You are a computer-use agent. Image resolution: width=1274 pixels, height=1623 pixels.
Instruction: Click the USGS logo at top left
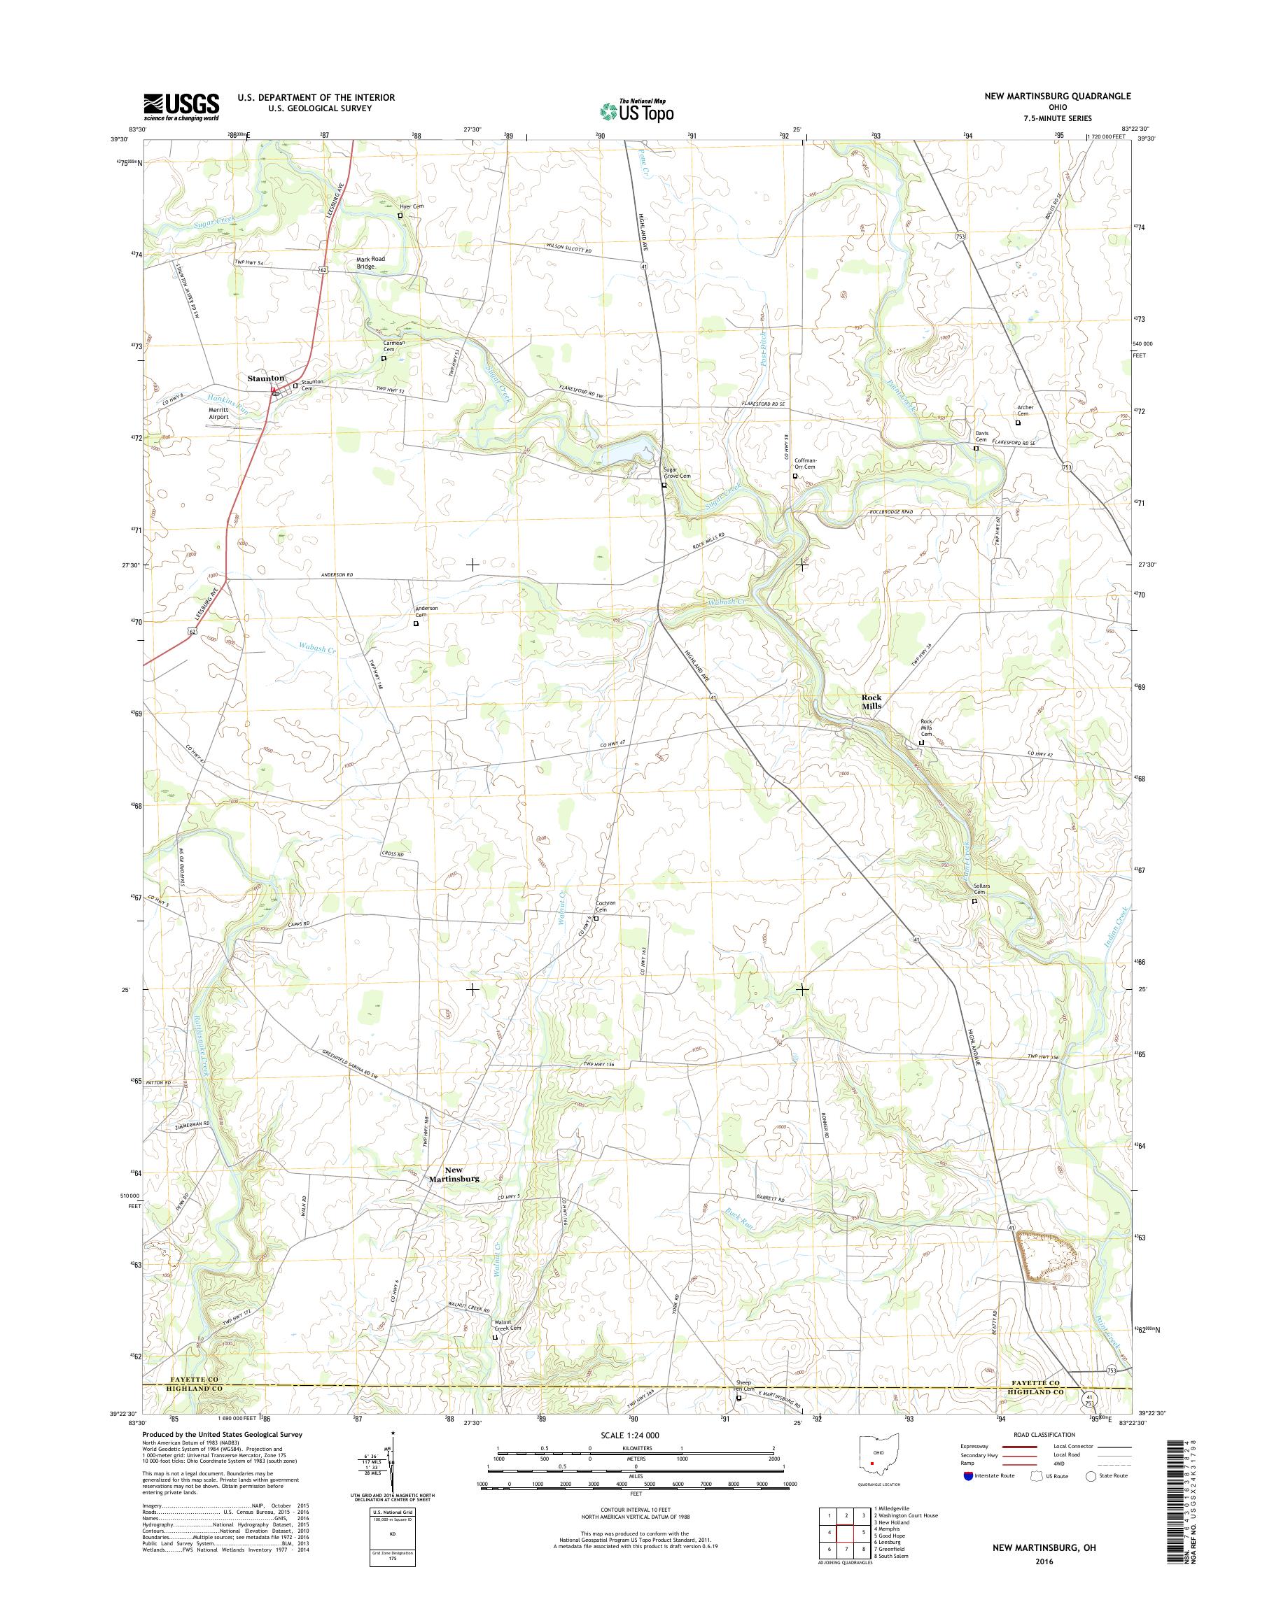click(181, 106)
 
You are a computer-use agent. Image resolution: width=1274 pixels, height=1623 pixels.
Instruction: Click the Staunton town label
click(265, 378)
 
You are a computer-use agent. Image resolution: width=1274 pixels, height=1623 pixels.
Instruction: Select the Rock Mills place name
click(871, 702)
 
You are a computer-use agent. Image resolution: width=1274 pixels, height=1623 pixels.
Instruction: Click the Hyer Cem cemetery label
click(411, 206)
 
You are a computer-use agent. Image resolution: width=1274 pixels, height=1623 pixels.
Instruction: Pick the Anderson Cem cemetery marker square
click(416, 624)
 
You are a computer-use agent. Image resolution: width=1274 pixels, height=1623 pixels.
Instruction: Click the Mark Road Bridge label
click(371, 262)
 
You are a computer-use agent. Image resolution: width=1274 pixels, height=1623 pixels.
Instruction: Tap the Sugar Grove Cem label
click(678, 473)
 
